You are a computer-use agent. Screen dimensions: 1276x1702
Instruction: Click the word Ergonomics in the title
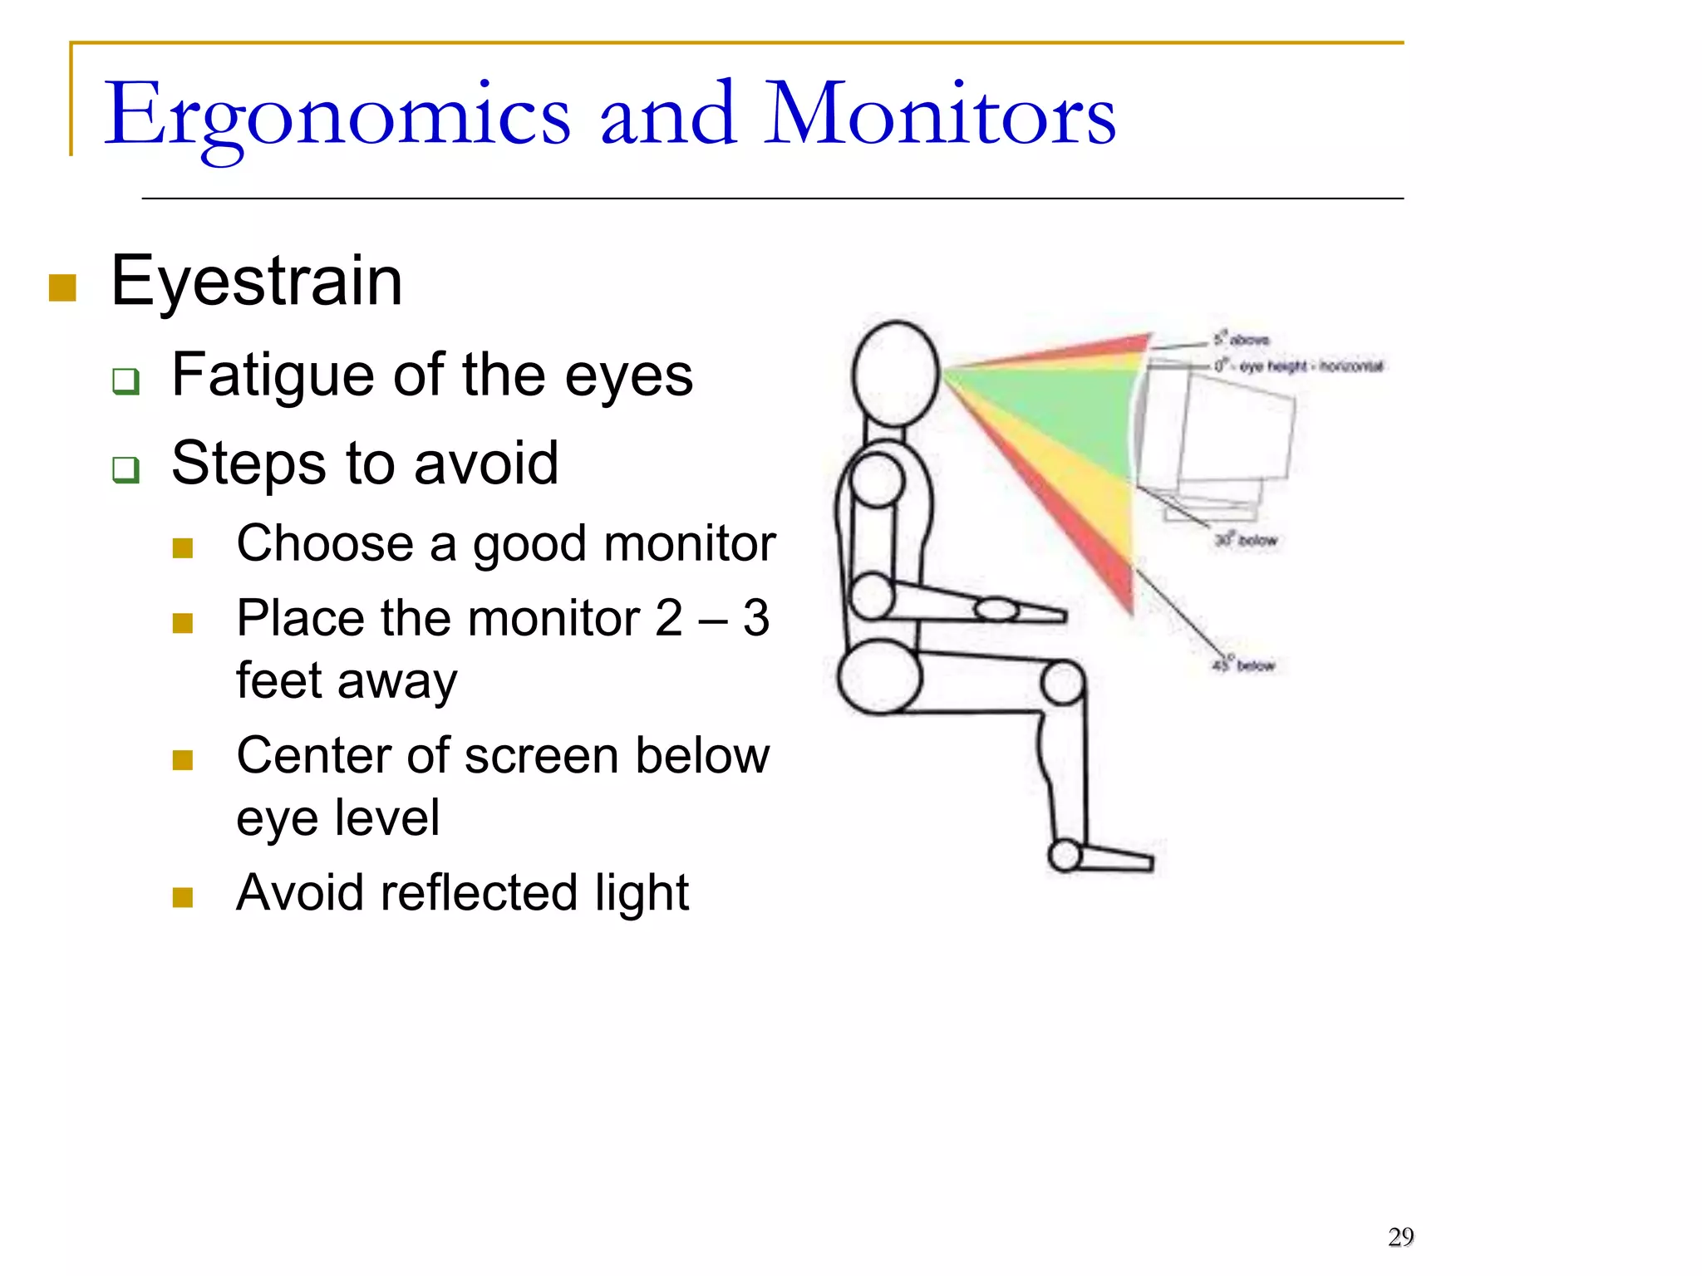337,116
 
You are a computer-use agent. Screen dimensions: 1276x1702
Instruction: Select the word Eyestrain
256,281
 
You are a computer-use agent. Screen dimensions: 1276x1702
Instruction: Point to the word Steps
248,463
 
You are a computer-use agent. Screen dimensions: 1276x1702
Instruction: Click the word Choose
325,544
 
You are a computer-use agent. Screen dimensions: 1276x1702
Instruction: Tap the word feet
279,680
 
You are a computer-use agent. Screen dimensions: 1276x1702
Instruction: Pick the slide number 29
1400,1237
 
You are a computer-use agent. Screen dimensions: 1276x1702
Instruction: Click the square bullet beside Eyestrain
63,287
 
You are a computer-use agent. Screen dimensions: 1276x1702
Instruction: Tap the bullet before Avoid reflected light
183,897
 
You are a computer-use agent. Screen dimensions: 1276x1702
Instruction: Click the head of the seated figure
896,374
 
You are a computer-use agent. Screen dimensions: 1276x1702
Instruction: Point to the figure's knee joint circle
1062,682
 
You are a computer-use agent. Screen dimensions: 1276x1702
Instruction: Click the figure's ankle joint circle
1065,855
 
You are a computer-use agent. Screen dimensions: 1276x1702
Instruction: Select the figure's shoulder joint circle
877,481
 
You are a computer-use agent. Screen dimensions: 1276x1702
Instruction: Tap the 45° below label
1243,665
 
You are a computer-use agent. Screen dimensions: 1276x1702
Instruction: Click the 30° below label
1246,540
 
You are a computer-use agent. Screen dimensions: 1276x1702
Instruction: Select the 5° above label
1242,339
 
